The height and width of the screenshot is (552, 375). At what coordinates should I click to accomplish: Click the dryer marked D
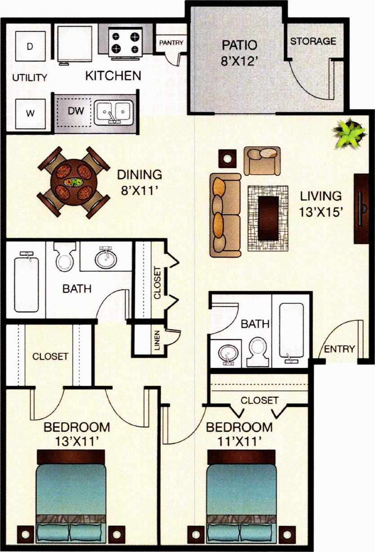coord(30,46)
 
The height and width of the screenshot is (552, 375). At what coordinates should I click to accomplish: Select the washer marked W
coord(30,113)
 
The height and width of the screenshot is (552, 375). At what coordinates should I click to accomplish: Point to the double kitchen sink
coord(114,111)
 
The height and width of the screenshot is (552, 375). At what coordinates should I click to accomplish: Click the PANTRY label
coord(171,43)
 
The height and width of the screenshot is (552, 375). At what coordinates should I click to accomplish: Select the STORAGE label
coord(313,41)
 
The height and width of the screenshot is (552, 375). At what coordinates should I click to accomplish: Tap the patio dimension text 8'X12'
coord(239,60)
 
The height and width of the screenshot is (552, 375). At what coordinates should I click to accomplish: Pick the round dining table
coord(73,181)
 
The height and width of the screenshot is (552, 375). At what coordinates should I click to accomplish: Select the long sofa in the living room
coord(225,213)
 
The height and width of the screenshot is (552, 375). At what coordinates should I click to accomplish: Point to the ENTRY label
coord(340,349)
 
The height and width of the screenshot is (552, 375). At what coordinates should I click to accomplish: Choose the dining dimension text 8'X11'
coord(139,190)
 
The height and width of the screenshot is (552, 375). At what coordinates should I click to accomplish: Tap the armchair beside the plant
coord(262,160)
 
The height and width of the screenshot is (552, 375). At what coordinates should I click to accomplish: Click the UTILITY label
coord(30,78)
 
